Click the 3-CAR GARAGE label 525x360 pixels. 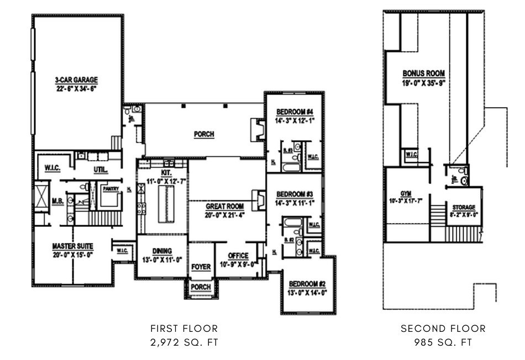76,80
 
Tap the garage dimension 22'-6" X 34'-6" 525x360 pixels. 76,88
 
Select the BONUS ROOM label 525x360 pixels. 423,73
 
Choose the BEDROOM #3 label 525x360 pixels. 295,194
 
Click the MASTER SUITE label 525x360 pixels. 72,246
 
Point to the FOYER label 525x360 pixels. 201,267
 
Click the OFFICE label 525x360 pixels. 238,256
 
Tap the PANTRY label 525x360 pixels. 111,188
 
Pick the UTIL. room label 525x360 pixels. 101,170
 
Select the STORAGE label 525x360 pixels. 464,207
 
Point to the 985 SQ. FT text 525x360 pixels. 443,342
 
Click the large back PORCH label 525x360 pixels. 203,134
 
